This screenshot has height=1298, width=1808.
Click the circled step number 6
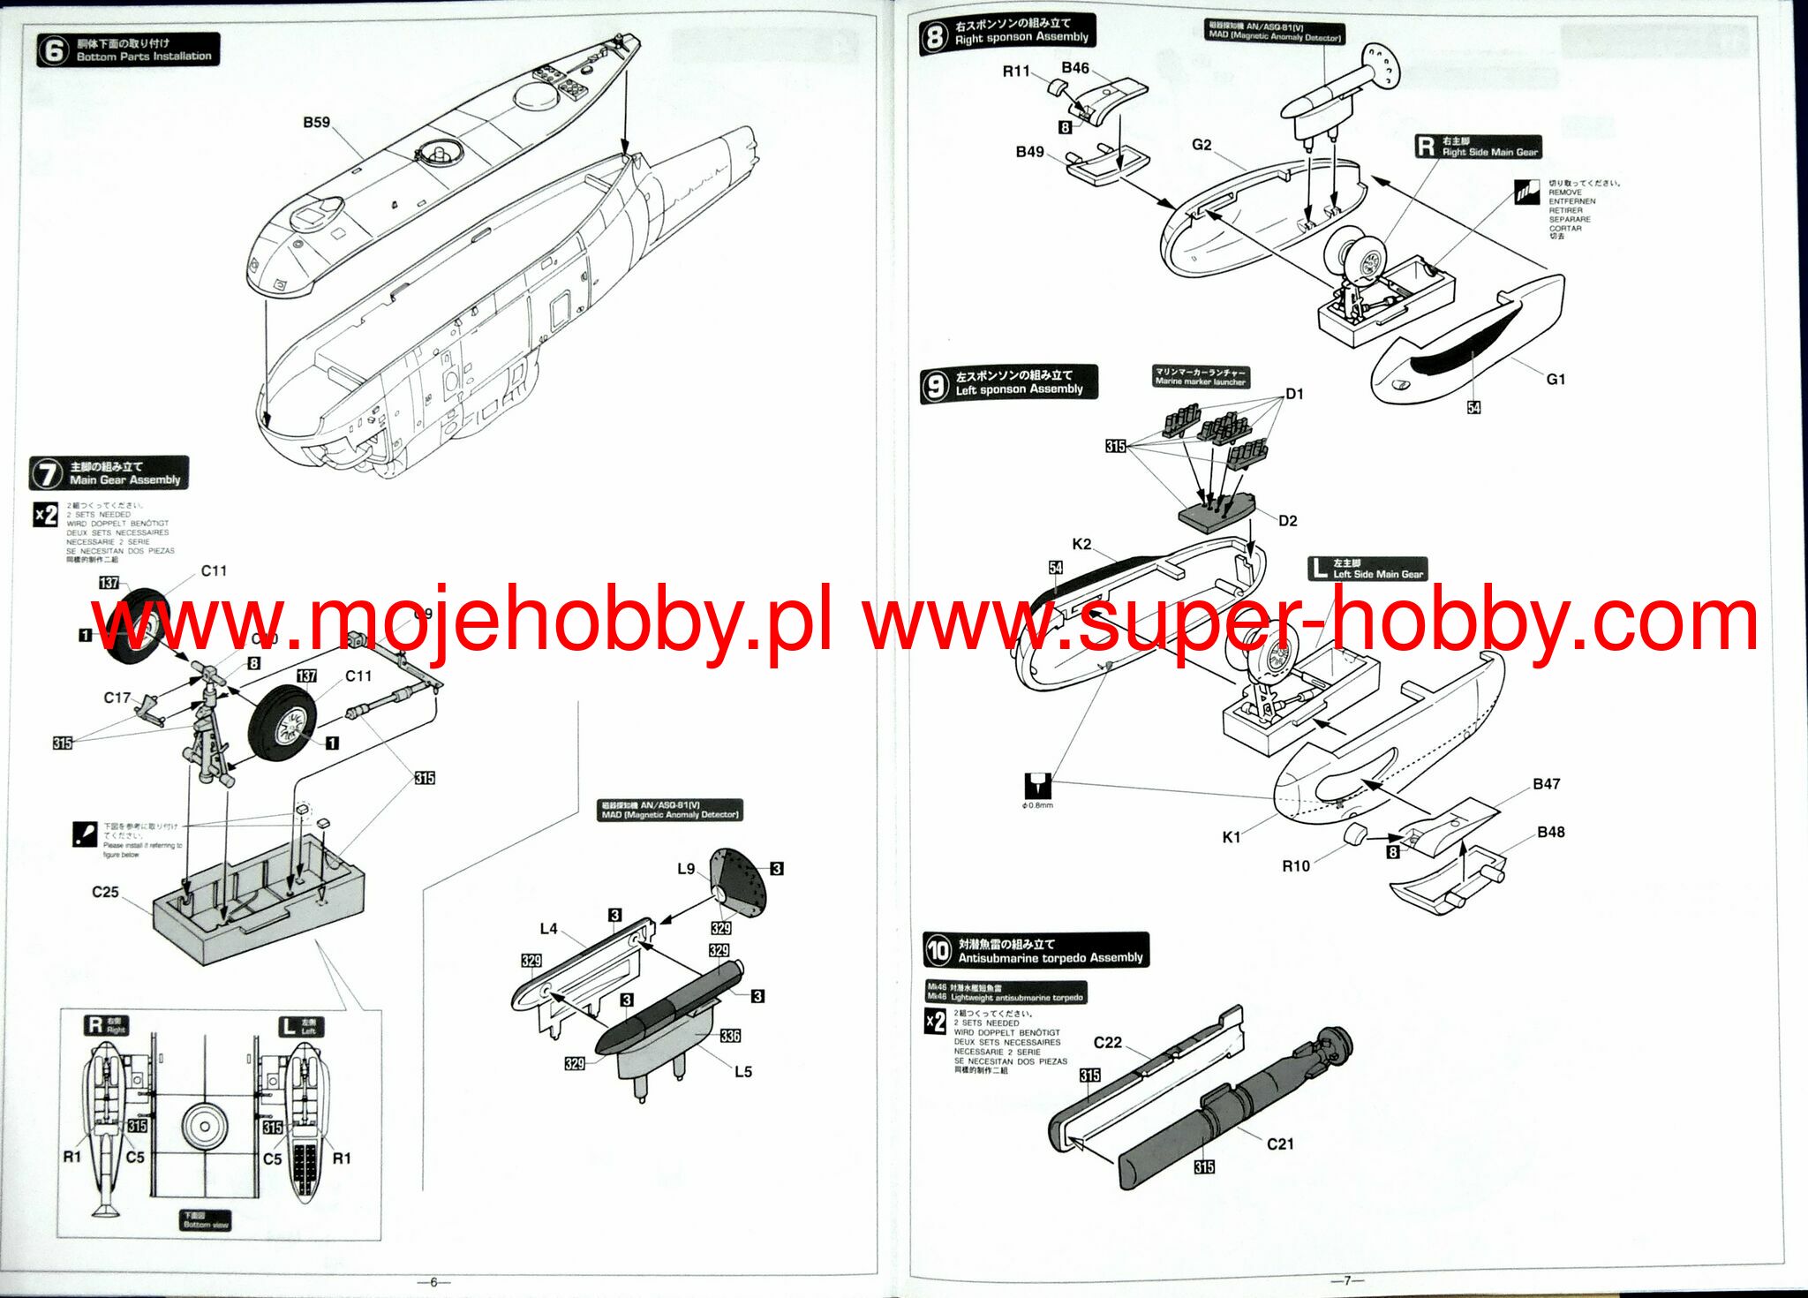pyautogui.click(x=53, y=50)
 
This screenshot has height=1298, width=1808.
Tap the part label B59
pyautogui.click(x=316, y=123)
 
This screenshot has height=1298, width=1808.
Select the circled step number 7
pyautogui.click(x=46, y=473)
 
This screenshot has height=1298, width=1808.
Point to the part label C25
pyautogui.click(x=105, y=892)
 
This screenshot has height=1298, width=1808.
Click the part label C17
pyautogui.click(x=117, y=698)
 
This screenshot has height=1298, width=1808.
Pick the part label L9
pyautogui.click(x=686, y=869)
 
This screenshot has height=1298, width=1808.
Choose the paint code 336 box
pyautogui.click(x=730, y=1036)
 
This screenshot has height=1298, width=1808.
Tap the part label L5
pyautogui.click(x=743, y=1071)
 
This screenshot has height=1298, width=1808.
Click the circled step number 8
pyautogui.click(x=934, y=37)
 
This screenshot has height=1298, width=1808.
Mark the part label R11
pyautogui.click(x=1016, y=72)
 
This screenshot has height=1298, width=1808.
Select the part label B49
pyautogui.click(x=1029, y=152)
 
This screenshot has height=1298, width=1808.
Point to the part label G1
pyautogui.click(x=1556, y=380)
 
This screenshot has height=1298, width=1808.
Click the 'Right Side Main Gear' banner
pyautogui.click(x=1479, y=147)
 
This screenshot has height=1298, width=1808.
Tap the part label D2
pyautogui.click(x=1288, y=521)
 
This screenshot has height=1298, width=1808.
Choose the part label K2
pyautogui.click(x=1081, y=545)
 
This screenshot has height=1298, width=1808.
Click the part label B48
pyautogui.click(x=1551, y=833)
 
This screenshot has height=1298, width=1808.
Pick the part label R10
pyautogui.click(x=1296, y=866)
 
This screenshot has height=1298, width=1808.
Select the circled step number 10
pyautogui.click(x=938, y=950)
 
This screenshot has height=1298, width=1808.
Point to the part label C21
pyautogui.click(x=1280, y=1144)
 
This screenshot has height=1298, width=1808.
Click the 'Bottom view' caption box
pyautogui.click(x=206, y=1220)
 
